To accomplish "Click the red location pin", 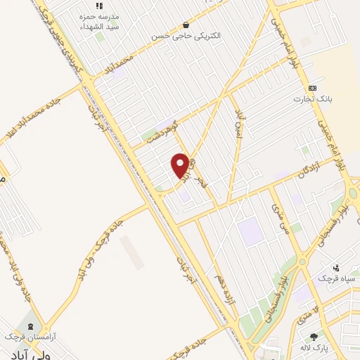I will [x=181, y=165].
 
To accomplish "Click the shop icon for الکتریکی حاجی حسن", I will [x=186, y=24].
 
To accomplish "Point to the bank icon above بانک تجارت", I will [x=312, y=88].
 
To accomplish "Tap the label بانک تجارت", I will [x=311, y=99].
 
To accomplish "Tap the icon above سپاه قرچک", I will [x=336, y=267].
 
